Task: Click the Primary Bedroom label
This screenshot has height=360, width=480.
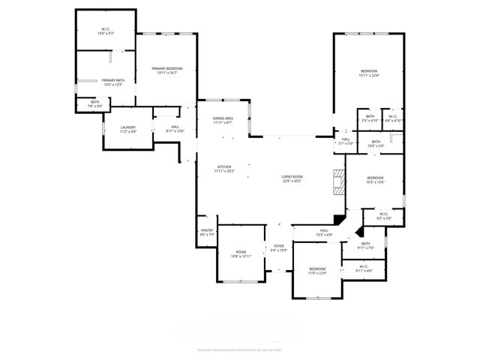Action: tap(166, 70)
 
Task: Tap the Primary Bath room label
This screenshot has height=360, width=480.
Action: tap(113, 82)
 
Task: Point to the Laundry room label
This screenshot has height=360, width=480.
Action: tap(128, 129)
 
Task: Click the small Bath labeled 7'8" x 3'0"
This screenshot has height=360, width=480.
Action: tap(94, 104)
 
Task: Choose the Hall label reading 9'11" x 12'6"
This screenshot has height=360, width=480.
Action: tap(174, 129)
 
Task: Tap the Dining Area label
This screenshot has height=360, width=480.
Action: tap(223, 120)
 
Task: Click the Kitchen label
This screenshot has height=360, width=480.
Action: tap(224, 169)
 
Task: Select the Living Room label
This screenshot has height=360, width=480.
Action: tap(292, 178)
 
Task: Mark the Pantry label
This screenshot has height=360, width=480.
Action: tap(207, 232)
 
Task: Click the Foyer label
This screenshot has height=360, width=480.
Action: tap(278, 247)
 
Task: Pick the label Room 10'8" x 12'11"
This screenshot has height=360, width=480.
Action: tap(241, 254)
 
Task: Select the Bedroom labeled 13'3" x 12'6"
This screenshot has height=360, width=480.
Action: tap(375, 179)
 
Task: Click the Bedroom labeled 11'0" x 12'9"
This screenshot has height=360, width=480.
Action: tap(317, 270)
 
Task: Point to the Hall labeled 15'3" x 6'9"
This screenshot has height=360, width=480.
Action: tap(324, 232)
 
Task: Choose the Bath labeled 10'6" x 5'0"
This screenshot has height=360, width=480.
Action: tap(375, 143)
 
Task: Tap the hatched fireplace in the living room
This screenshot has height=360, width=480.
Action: tap(338, 182)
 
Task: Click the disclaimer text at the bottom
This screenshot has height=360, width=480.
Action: tap(239, 349)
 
